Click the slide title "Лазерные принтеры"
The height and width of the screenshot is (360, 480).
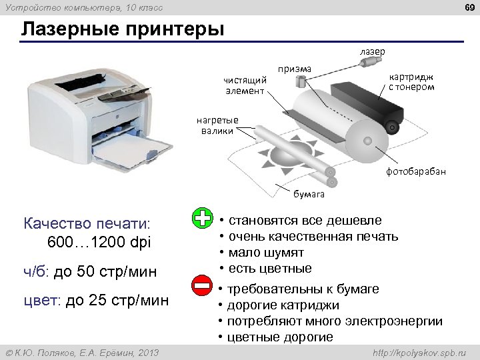tap(123, 30)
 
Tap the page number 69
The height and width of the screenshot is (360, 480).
tap(466, 7)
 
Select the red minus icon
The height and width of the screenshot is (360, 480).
tap(201, 286)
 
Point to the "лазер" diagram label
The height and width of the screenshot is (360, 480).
tap(372, 51)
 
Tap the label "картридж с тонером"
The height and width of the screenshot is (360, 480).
tap(411, 82)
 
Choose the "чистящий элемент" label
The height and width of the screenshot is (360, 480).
tap(244, 85)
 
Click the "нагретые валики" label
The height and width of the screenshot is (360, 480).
tap(217, 125)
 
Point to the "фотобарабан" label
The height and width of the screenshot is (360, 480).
tap(416, 171)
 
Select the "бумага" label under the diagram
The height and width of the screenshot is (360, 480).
tap(309, 194)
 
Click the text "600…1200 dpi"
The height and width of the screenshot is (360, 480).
tap(100, 241)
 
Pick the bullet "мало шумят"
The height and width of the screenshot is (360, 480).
tap(266, 253)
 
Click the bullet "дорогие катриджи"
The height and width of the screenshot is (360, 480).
tap(283, 305)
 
